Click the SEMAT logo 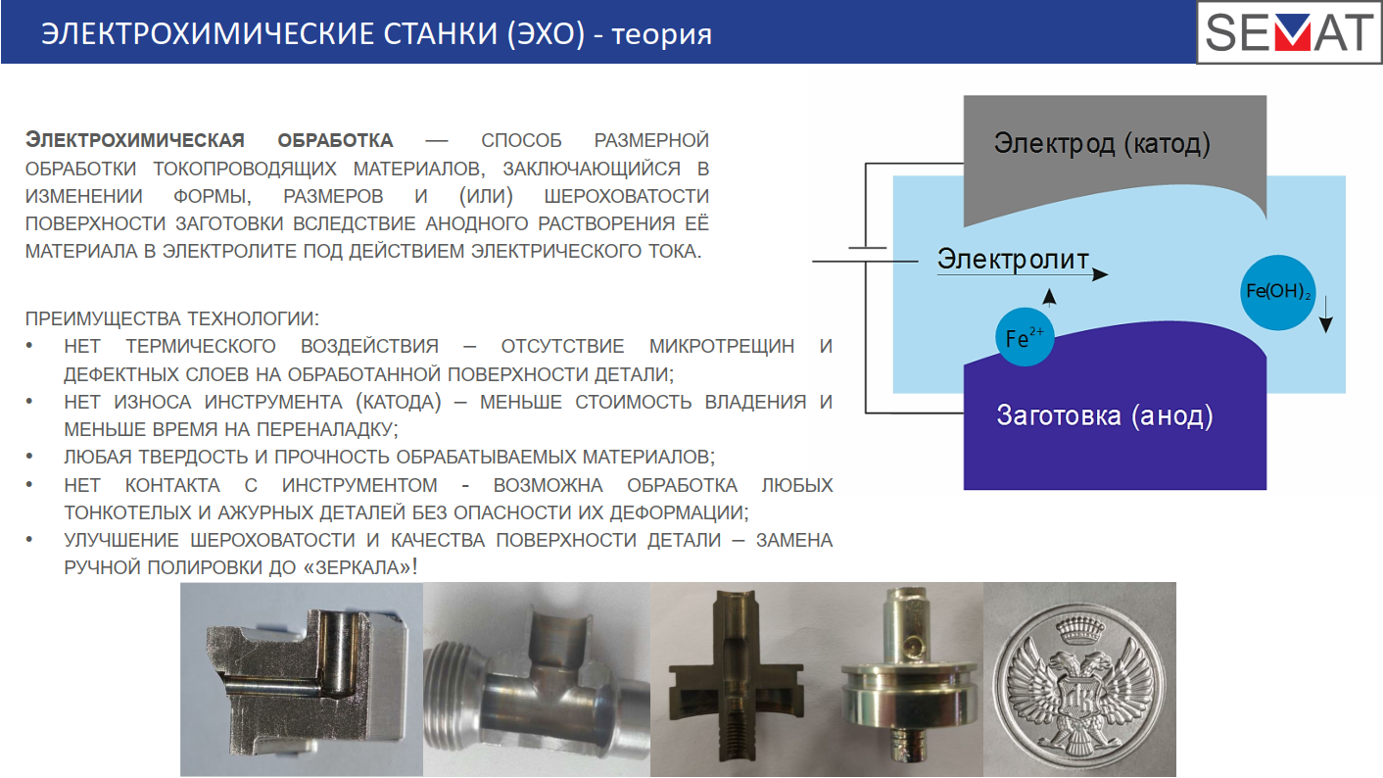pyautogui.click(x=1289, y=32)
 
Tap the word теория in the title pyautogui.click(x=662, y=35)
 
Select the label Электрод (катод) pyautogui.click(x=1102, y=143)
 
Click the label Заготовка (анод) pyautogui.click(x=1105, y=415)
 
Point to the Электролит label pyautogui.click(x=1013, y=260)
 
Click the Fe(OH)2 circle pyautogui.click(x=1277, y=292)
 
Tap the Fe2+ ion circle pyautogui.click(x=1025, y=337)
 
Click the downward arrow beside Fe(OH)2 pyautogui.click(x=1325, y=315)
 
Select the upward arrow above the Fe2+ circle pyautogui.click(x=1049, y=297)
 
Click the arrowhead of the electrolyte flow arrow pyautogui.click(x=1100, y=274)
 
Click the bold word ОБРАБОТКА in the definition pyautogui.click(x=335, y=141)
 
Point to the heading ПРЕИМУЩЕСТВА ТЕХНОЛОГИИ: pyautogui.click(x=172, y=318)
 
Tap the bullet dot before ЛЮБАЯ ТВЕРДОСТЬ pyautogui.click(x=29, y=457)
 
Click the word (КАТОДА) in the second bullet pyautogui.click(x=399, y=402)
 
